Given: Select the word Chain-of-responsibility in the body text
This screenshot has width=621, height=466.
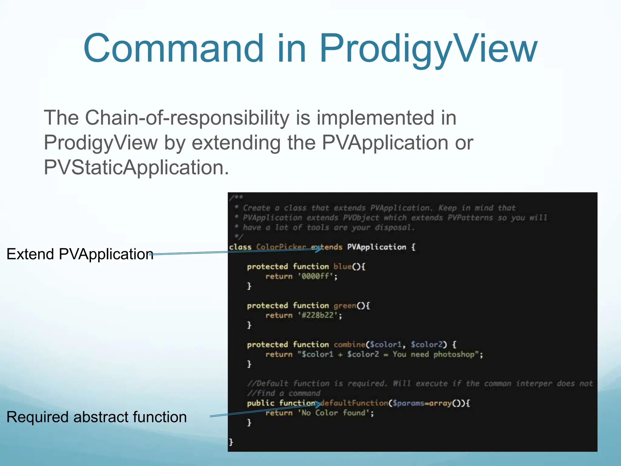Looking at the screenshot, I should pyautogui.click(x=187, y=118).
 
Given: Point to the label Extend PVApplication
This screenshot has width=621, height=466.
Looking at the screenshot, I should pyautogui.click(x=80, y=254).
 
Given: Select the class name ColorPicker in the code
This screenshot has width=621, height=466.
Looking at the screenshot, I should pyautogui.click(x=281, y=247).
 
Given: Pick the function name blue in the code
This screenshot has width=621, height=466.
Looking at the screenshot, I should pyautogui.click(x=342, y=267).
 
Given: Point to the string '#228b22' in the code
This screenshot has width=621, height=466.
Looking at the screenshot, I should pyautogui.click(x=318, y=316).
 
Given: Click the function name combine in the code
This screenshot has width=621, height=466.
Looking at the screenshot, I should pyautogui.click(x=349, y=345).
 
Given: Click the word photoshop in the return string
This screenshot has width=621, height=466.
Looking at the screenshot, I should pyautogui.click(x=454, y=354).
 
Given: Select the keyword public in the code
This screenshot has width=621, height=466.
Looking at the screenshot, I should pyautogui.click(x=260, y=403).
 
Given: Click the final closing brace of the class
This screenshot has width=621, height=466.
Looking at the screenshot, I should pyautogui.click(x=231, y=442).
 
